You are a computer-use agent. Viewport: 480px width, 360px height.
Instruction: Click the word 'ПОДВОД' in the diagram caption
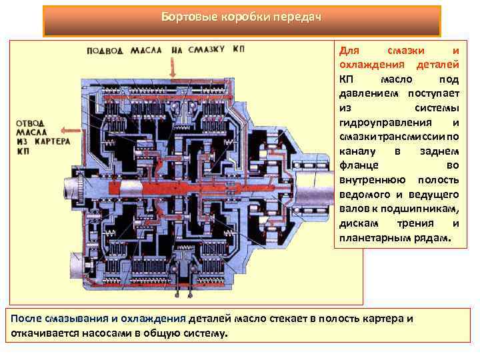105,50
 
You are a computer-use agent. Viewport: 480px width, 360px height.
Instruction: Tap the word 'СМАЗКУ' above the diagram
205,50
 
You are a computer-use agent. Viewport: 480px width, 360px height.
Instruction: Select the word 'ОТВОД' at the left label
31,123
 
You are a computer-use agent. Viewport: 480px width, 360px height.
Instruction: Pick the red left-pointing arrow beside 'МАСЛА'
69,131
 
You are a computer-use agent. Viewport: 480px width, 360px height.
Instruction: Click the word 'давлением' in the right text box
365,93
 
